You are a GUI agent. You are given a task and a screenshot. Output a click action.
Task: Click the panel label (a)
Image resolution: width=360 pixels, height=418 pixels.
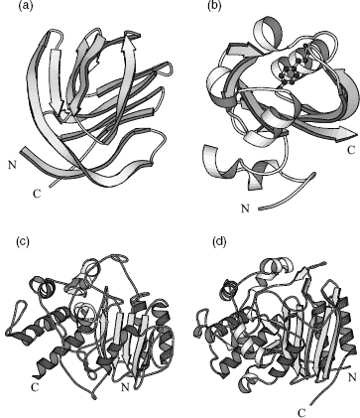click(26, 6)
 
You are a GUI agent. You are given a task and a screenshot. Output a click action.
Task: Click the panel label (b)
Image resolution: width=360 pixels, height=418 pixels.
click(214, 6)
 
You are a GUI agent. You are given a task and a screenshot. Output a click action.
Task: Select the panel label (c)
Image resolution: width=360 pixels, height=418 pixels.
click(23, 242)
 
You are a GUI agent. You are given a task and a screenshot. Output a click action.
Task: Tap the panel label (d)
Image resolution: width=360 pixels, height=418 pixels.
click(219, 242)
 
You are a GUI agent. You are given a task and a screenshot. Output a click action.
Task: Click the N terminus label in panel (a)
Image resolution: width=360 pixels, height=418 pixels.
click(12, 165)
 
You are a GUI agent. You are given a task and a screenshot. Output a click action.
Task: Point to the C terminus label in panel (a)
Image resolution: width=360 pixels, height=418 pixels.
click(37, 194)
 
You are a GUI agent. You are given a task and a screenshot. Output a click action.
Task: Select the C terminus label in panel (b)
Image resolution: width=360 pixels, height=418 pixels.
click(351, 150)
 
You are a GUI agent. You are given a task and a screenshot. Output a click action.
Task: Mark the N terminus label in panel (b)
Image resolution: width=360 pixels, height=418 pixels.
click(245, 209)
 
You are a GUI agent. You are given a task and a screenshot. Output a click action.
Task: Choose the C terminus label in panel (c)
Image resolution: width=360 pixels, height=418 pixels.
click(35, 387)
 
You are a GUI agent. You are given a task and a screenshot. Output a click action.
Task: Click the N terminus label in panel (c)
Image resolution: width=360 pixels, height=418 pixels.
click(125, 387)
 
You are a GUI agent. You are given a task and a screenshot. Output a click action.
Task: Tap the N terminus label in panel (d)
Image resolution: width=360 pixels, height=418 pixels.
click(352, 376)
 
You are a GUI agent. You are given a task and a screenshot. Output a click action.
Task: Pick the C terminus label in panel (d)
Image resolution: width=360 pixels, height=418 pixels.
click(301, 413)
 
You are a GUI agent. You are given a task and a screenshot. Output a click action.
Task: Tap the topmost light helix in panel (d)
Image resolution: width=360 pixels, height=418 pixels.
click(276, 267)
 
